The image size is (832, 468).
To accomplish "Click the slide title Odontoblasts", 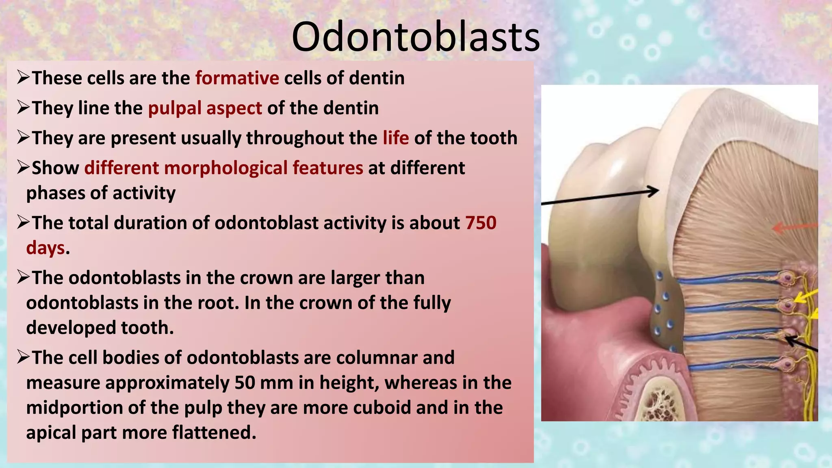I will click(416, 37).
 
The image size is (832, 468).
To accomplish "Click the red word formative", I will click(237, 78).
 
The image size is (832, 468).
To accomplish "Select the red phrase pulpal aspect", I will click(205, 108).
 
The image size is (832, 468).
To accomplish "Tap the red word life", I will click(395, 138).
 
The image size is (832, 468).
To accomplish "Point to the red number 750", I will click(481, 223).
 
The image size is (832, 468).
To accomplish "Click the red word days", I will click(45, 248).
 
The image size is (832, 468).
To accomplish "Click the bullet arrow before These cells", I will click(23, 77).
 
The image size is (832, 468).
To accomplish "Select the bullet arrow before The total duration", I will click(23, 222).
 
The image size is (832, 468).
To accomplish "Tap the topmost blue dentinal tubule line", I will click(727, 279).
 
